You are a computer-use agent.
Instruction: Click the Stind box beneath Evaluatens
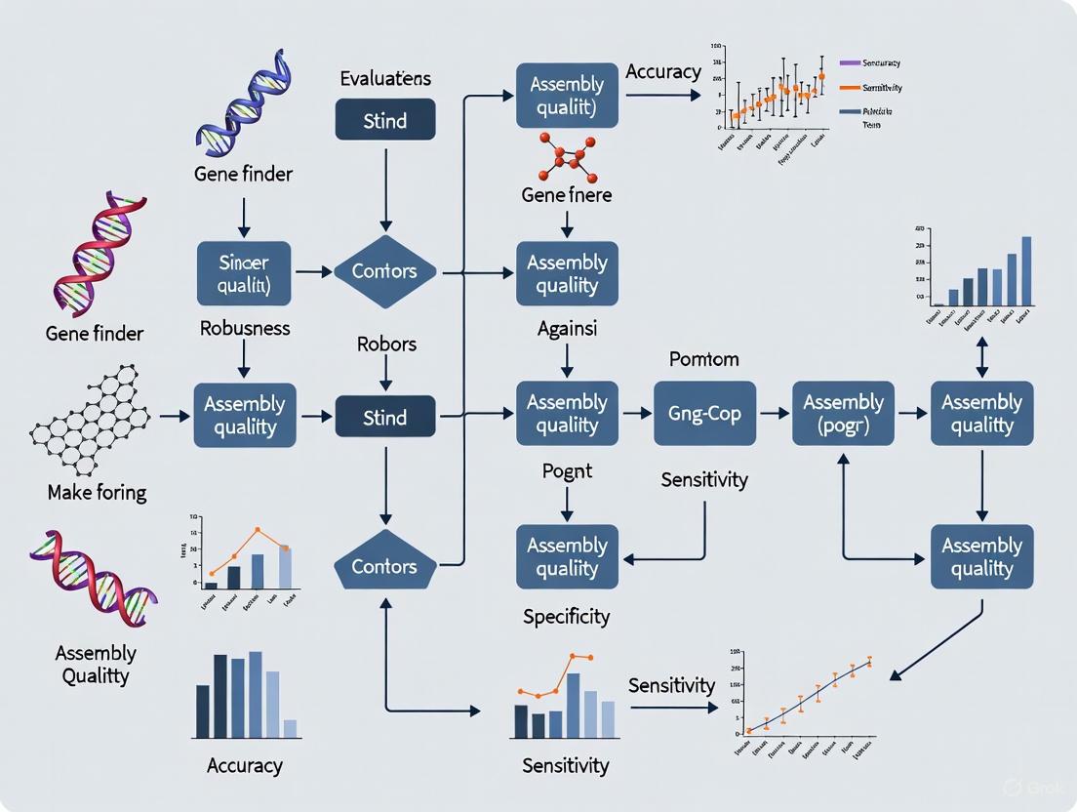[384, 120]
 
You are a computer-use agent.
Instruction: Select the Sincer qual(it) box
[244, 274]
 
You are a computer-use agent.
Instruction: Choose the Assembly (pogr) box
[843, 414]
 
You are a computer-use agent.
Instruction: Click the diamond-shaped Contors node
[384, 272]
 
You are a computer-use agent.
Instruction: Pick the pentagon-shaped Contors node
[384, 565]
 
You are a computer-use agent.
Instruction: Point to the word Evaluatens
[384, 78]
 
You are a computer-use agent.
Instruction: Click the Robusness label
[244, 328]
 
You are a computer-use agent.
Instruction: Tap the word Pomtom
[703, 359]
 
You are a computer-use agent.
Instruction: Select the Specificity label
[566, 616]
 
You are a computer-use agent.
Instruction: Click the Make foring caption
[97, 492]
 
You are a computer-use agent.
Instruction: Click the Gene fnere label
[566, 195]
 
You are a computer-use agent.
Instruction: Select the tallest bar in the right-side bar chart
[1025, 271]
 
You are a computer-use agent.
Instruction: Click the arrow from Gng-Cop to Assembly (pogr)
[775, 414]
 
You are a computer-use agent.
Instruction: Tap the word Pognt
[566, 471]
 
